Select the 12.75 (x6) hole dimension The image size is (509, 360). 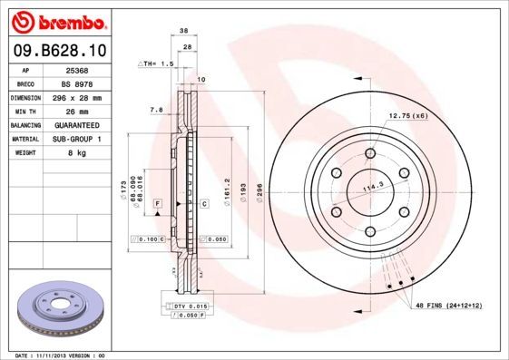408,115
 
